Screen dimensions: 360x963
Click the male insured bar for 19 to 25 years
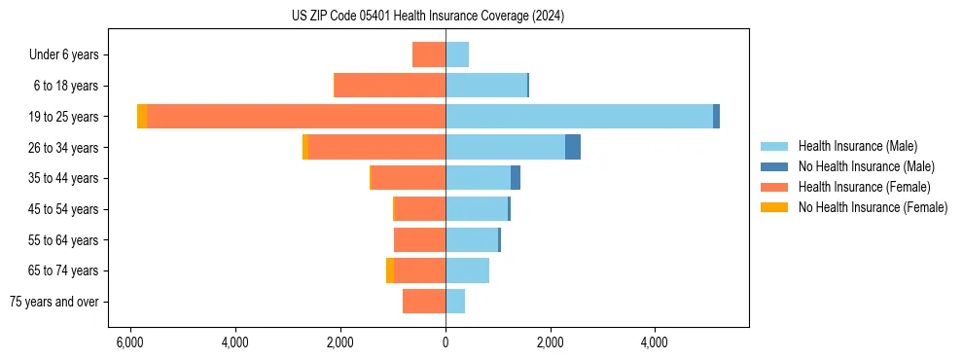pos(579,116)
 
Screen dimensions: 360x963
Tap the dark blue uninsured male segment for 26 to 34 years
pos(573,147)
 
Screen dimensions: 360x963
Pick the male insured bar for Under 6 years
pos(457,54)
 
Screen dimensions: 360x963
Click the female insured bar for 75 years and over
pos(424,302)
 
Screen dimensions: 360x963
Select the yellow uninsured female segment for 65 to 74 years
pos(390,270)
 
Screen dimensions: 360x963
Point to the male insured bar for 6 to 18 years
pos(486,86)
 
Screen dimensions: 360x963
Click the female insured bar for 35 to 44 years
pos(409,178)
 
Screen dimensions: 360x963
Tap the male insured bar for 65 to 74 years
pos(467,270)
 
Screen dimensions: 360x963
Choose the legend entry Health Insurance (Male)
pos(857,146)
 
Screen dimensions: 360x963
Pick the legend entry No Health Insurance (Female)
pos(873,207)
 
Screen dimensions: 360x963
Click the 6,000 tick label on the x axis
pos(130,342)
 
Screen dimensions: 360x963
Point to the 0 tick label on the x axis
pos(446,342)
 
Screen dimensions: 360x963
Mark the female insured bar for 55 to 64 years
pos(420,239)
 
